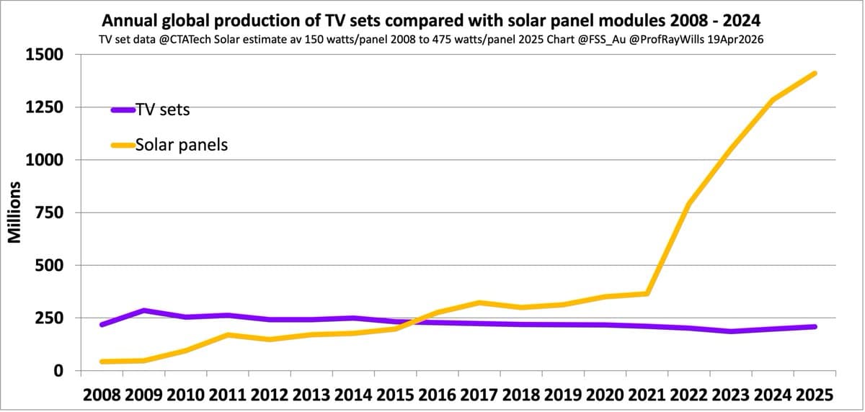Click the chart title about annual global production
(432, 19)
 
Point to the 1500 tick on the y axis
(45, 55)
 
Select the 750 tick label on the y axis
(49, 212)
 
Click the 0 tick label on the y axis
(58, 371)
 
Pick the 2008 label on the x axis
(102, 395)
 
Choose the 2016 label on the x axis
(437, 395)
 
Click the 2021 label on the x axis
(647, 395)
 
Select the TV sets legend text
(162, 109)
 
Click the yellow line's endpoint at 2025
(815, 73)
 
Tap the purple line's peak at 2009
(143, 310)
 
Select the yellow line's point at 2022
(689, 204)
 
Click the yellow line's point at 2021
(647, 293)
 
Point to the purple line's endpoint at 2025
(815, 326)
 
